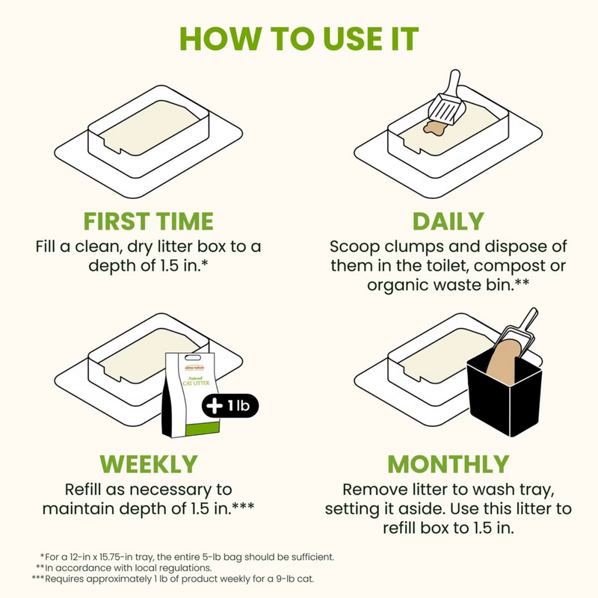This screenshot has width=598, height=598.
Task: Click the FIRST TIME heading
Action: [148, 221]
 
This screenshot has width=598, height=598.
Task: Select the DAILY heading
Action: [448, 221]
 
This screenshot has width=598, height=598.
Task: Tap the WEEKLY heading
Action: [148, 463]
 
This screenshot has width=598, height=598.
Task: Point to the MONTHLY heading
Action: [448, 463]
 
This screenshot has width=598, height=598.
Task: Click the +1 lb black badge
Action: [231, 406]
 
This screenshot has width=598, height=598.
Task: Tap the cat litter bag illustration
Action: [191, 396]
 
